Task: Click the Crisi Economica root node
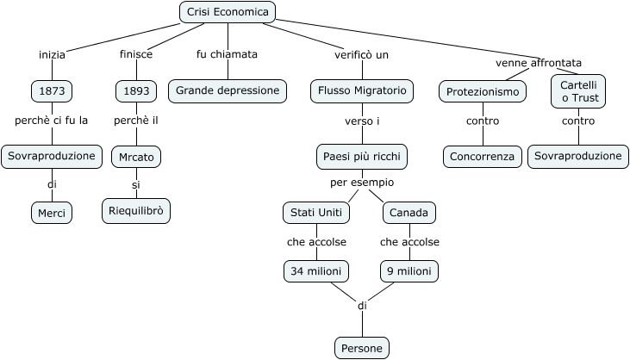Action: pos(228,11)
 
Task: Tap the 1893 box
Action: pos(136,90)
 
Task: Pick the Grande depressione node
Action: pos(228,90)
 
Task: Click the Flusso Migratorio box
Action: pos(362,90)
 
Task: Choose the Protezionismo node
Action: pos(482,91)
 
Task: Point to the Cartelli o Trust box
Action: pos(578,91)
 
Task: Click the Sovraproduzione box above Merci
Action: pos(52,156)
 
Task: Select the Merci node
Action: pos(52,212)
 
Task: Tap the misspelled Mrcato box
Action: pos(136,157)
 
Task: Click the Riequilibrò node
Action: pos(136,209)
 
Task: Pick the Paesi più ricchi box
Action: pos(362,156)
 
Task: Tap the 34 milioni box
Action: pos(315,271)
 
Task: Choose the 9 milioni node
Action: pos(409,271)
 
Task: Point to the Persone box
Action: pos(362,348)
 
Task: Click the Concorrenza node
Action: pos(483,156)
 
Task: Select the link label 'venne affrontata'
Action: pos(539,63)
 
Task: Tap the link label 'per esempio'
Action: pos(362,183)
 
